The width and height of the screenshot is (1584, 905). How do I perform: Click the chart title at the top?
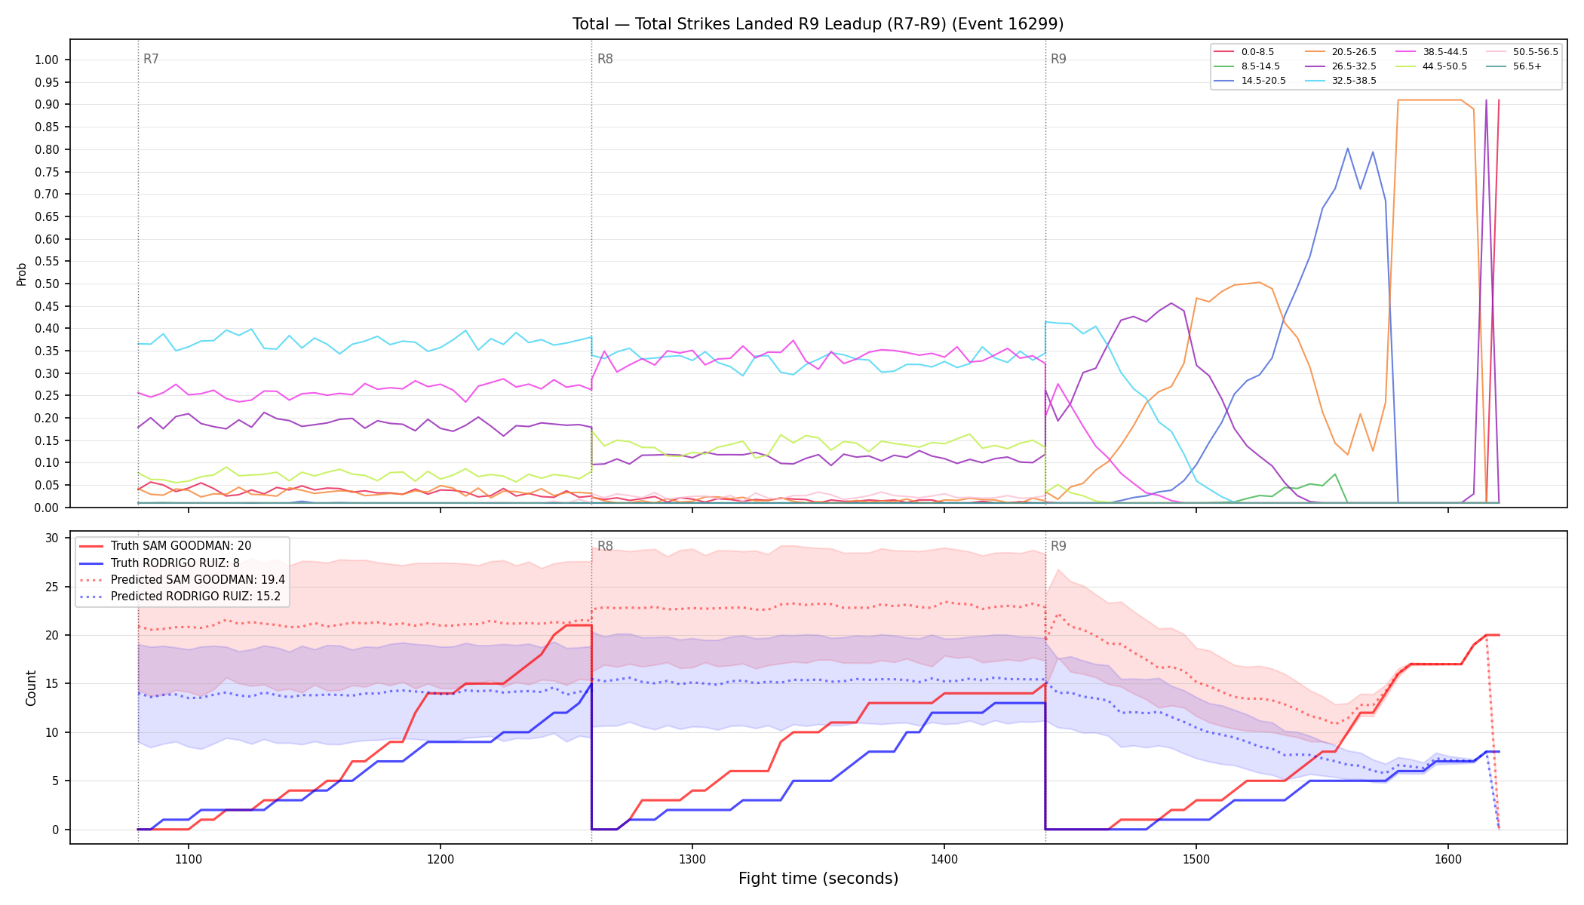click(x=818, y=24)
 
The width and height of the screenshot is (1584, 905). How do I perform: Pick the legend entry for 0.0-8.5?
click(x=1244, y=52)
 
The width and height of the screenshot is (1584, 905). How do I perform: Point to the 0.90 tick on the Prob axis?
click(x=47, y=104)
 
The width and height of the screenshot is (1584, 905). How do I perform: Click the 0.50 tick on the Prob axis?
click(x=47, y=284)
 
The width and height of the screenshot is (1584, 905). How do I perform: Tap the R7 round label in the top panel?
click(x=151, y=59)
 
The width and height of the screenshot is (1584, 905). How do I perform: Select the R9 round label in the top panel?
click(x=1058, y=59)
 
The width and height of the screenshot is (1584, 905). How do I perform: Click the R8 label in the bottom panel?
click(x=605, y=546)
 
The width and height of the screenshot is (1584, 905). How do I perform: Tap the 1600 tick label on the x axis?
click(x=1448, y=859)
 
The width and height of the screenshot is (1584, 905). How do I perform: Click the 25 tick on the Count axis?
click(x=52, y=587)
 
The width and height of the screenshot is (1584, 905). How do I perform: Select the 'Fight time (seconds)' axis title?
click(x=818, y=879)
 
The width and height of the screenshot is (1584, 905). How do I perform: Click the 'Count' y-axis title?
click(x=31, y=688)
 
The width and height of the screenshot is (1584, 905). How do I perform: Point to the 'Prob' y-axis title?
click(x=21, y=274)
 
